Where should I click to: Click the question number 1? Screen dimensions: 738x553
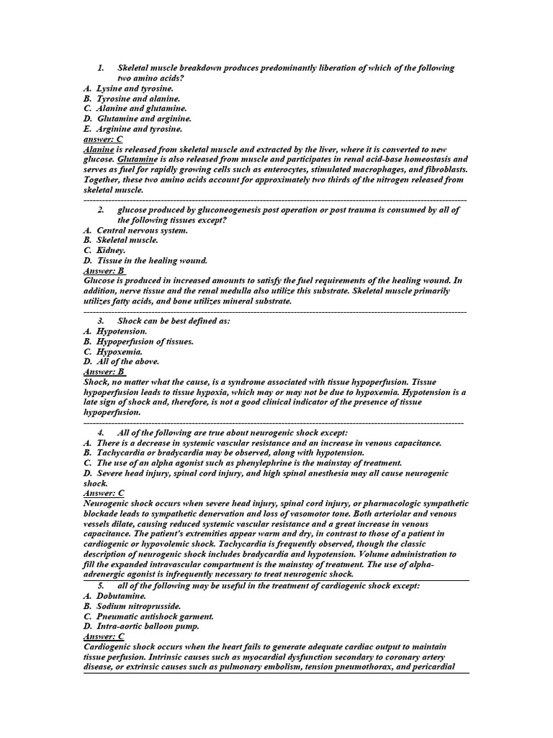[x=101, y=68]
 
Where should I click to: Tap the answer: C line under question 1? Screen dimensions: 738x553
[x=104, y=139]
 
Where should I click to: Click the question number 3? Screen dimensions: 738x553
[x=101, y=321]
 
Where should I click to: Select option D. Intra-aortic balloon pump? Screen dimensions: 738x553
[x=141, y=626]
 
